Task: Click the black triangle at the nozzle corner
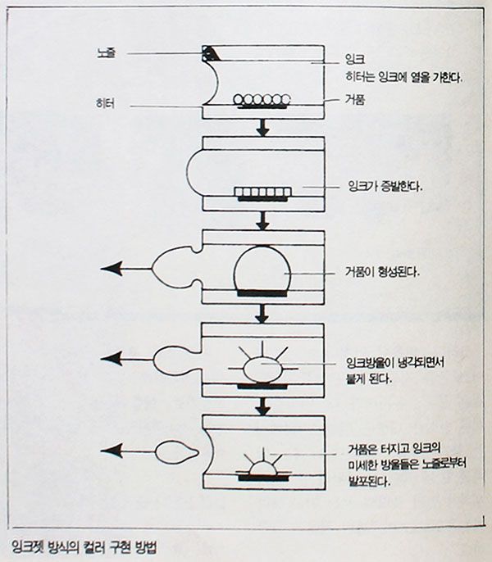[211, 54]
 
